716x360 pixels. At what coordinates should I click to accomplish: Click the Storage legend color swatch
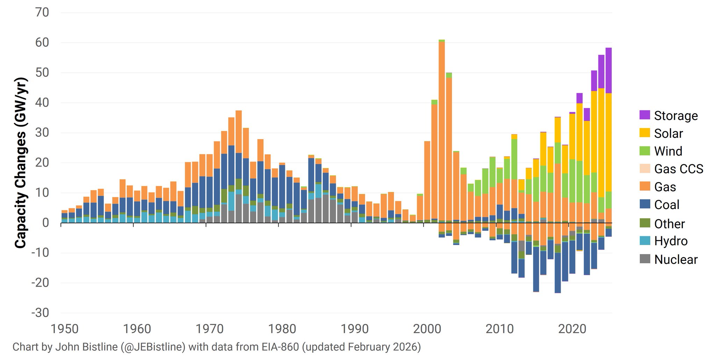[x=645, y=115]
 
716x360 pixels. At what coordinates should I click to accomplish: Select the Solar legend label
[x=668, y=134]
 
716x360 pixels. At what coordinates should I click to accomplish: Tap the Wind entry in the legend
[x=668, y=151]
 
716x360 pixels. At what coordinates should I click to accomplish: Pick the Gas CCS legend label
[x=678, y=169]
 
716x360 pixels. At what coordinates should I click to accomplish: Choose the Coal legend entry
[x=666, y=205]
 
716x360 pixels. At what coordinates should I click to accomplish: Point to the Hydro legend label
[x=671, y=241]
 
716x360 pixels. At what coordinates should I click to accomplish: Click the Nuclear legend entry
[x=675, y=259]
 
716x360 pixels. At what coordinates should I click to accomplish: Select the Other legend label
[x=669, y=224]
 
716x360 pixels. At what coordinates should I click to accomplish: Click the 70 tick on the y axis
[x=42, y=13]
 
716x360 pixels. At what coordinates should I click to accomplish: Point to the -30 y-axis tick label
[x=40, y=313]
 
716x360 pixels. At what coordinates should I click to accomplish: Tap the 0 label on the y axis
[x=45, y=223]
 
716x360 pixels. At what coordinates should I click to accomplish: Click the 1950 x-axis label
[x=65, y=329]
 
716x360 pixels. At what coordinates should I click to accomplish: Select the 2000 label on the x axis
[x=427, y=329]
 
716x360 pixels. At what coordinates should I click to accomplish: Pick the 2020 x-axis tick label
[x=572, y=329]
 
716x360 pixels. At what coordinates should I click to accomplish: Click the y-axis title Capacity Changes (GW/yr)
[x=21, y=163]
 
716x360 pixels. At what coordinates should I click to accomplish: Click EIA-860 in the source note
[x=280, y=347]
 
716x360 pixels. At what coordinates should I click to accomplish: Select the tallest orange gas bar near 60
[x=442, y=133]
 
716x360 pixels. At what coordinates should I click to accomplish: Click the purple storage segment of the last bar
[x=608, y=70]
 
